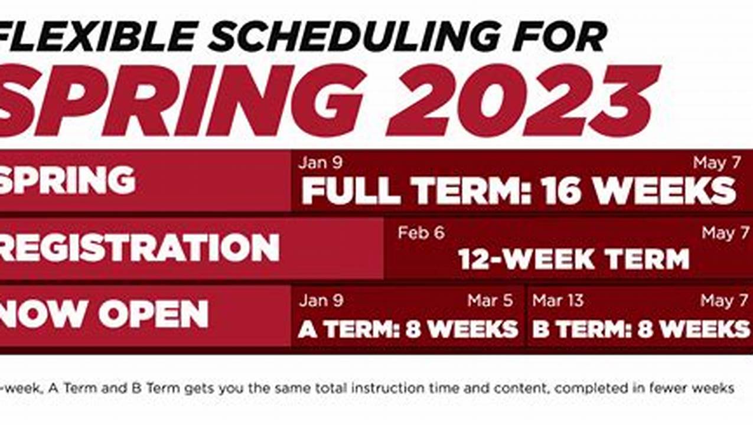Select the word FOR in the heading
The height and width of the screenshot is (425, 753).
(560, 36)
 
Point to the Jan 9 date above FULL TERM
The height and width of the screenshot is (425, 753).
(320, 162)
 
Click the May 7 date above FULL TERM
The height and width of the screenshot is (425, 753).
(716, 163)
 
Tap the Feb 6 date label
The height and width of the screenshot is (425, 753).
(420, 233)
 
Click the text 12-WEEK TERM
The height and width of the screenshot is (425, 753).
(573, 259)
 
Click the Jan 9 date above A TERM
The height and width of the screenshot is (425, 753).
(321, 300)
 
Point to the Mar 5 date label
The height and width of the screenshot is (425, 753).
(490, 300)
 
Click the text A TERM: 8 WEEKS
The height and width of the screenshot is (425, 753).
(408, 328)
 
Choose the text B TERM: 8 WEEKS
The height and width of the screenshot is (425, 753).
(640, 328)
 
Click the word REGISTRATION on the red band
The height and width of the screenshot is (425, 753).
(138, 247)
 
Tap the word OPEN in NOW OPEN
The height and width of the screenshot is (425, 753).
(154, 314)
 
